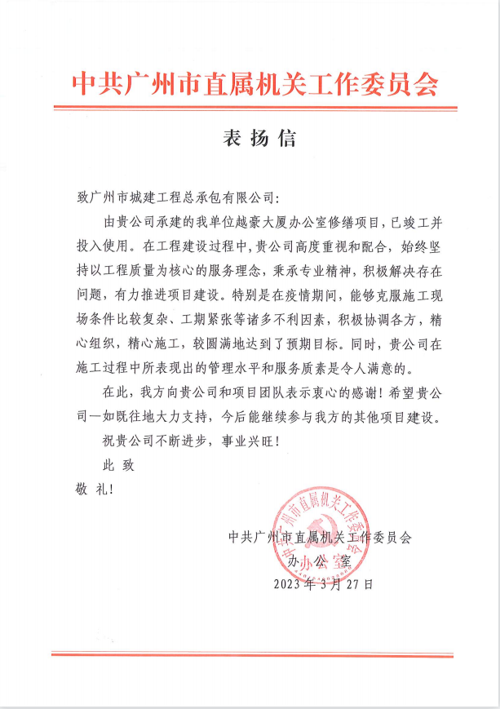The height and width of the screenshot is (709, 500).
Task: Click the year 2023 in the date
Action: [287, 584]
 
